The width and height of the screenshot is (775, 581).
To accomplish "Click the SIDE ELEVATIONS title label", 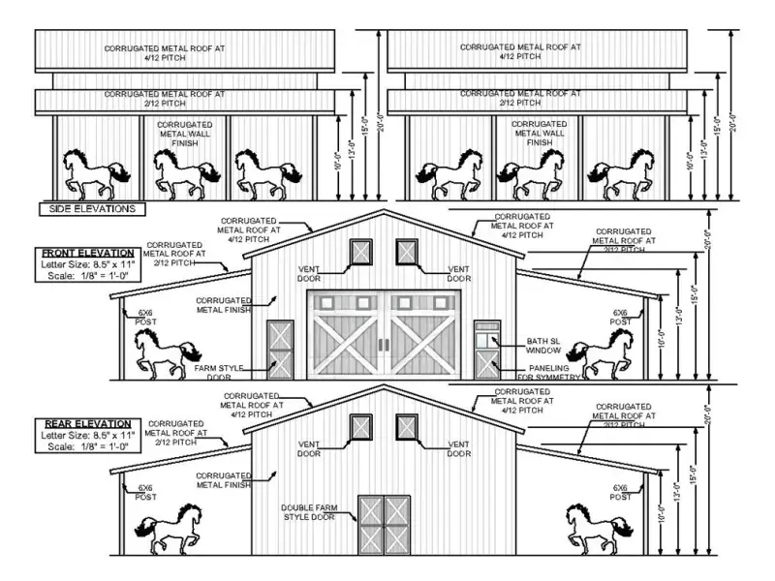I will pos(91,208).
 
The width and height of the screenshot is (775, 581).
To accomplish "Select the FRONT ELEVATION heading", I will pos(80,253).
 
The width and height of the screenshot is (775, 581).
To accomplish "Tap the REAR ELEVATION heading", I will pos(87,424).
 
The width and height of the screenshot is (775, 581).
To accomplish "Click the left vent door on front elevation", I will pos(360,252).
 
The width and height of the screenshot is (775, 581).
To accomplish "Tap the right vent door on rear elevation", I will pos(407,426).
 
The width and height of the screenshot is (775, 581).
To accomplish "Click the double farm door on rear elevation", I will pos(385,524).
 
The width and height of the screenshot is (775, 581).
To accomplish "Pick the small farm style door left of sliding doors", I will pos(280,349).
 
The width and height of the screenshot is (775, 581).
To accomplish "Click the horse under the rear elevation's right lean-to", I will pos(599,528).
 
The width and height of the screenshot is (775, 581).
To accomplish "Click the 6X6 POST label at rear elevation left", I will pos(145,493).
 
